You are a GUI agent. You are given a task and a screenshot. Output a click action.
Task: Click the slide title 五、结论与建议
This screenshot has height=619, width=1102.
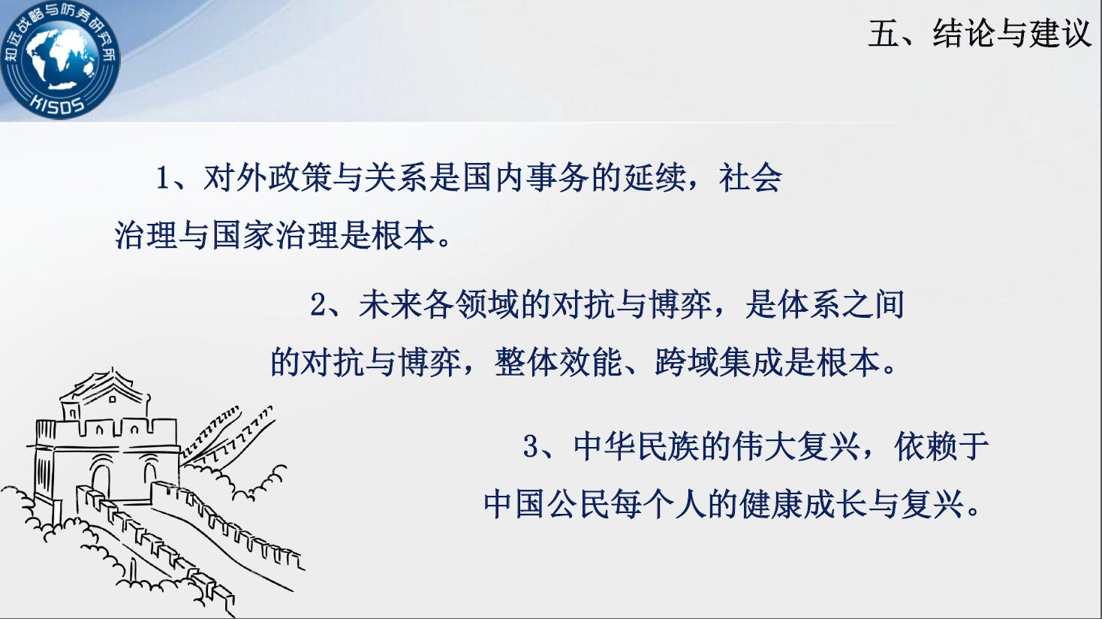click(980, 34)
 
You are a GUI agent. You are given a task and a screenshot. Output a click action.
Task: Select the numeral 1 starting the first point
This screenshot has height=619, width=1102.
click(163, 178)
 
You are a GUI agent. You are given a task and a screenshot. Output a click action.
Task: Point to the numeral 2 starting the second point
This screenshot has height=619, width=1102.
click(319, 304)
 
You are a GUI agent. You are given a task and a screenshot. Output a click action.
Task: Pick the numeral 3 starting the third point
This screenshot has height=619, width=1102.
click(531, 446)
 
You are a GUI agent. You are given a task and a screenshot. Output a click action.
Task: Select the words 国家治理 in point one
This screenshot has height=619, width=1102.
click(275, 235)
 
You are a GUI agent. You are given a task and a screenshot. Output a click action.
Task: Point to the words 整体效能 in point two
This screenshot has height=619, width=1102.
click(558, 362)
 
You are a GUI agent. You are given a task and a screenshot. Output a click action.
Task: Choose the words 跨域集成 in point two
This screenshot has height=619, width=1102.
click(718, 362)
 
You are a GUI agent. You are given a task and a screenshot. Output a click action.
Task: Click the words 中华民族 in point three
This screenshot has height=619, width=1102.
click(637, 446)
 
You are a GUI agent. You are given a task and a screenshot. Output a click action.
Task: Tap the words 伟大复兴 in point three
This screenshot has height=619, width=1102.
click(797, 446)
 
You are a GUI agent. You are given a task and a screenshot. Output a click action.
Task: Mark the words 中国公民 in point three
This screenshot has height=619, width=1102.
click(546, 504)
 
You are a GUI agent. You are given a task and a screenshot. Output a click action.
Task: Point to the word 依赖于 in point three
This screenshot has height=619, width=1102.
click(942, 446)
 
